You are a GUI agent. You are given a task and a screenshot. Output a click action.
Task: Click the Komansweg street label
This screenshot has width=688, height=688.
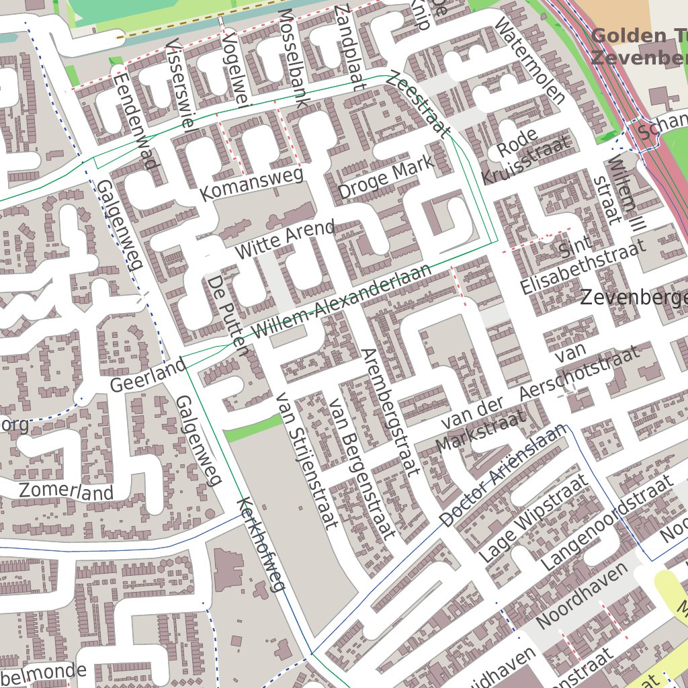click(252, 183)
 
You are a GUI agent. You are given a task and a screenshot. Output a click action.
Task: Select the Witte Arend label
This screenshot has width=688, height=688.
click(285, 239)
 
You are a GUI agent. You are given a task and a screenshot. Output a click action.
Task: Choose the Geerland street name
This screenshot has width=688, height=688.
click(148, 376)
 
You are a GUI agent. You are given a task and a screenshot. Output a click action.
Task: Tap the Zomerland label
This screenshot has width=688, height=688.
click(66, 491)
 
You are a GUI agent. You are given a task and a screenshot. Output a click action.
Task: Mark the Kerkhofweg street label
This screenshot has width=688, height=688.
click(262, 545)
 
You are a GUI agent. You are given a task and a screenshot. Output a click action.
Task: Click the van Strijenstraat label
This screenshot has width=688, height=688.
click(306, 461)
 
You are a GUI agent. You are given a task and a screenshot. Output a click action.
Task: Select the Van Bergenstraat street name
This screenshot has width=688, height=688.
click(360, 468)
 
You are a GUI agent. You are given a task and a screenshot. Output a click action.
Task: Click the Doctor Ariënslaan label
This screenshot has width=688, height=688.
click(502, 478)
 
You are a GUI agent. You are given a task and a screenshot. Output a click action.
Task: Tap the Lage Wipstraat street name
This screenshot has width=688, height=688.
click(533, 518)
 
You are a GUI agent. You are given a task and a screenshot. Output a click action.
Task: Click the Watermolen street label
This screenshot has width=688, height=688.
click(529, 60)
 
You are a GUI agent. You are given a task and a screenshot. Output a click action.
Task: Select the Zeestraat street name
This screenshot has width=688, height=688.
click(417, 104)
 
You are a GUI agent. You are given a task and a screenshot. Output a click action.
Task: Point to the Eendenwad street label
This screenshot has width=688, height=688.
click(135, 121)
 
